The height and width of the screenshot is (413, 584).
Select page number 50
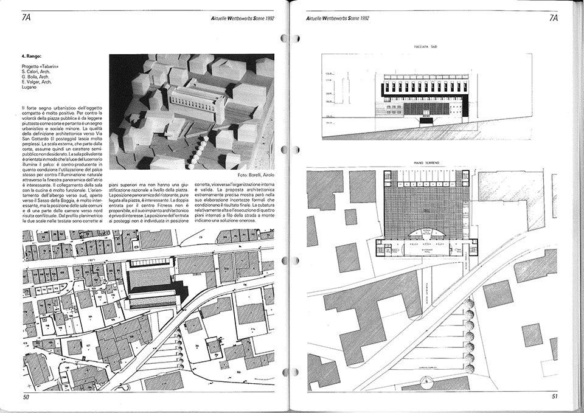click(26, 397)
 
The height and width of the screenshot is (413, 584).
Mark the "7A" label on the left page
click(26, 17)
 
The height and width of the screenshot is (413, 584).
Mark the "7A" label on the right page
click(554, 17)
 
